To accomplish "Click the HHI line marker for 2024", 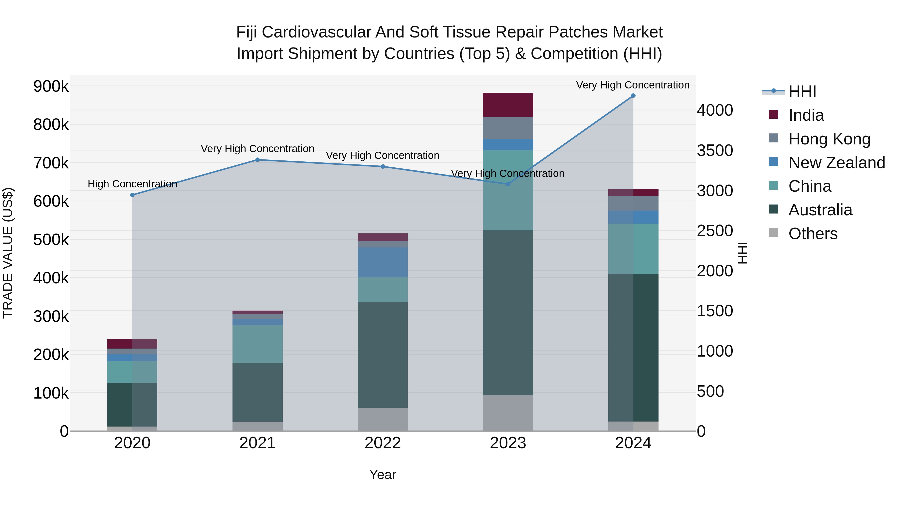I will pyautogui.click(x=633, y=96).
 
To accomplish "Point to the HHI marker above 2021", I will pyautogui.click(x=257, y=160).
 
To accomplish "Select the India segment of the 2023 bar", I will pyautogui.click(x=508, y=105).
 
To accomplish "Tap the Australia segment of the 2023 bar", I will pyautogui.click(x=508, y=313).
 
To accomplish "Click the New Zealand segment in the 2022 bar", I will pyautogui.click(x=383, y=263).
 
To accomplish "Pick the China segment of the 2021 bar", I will pyautogui.click(x=257, y=344).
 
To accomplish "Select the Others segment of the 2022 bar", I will pyautogui.click(x=383, y=419).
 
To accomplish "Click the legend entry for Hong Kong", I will pyautogui.click(x=829, y=139).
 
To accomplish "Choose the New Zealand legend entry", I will pyautogui.click(x=836, y=162).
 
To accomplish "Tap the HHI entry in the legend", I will pyautogui.click(x=802, y=91).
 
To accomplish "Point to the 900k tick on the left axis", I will pyautogui.click(x=51, y=86).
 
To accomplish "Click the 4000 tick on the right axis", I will pyautogui.click(x=715, y=110).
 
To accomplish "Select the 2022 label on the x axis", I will pyautogui.click(x=383, y=443).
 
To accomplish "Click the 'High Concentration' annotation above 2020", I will pyautogui.click(x=132, y=184).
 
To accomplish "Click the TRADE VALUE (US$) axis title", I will pyautogui.click(x=8, y=253).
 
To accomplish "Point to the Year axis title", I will pyautogui.click(x=383, y=475).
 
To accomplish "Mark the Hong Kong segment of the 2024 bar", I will pyautogui.click(x=633, y=203).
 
